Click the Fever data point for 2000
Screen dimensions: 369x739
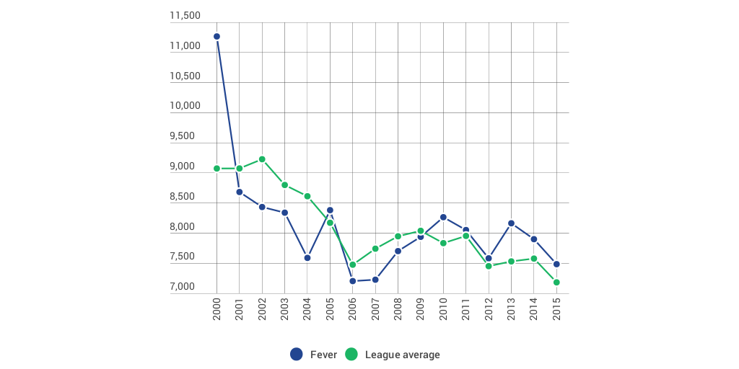click(217, 36)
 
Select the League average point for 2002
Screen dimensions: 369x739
click(262, 159)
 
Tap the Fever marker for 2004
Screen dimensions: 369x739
click(307, 257)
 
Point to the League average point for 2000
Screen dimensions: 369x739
click(217, 169)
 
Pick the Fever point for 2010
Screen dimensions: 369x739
click(443, 217)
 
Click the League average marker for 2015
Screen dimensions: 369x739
click(556, 283)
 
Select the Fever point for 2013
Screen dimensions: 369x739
click(511, 223)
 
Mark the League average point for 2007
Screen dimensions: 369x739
click(375, 249)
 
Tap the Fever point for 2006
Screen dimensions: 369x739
click(352, 281)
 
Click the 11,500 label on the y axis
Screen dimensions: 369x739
click(185, 16)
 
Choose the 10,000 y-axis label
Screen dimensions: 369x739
click(185, 106)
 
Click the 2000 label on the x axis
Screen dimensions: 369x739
click(217, 308)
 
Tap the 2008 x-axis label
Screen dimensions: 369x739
click(398, 308)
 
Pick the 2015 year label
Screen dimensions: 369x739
click(556, 308)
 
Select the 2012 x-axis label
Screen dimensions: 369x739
click(489, 308)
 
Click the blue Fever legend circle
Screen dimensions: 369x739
click(296, 354)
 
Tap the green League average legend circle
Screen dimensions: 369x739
click(351, 354)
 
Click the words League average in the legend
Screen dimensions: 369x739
click(402, 355)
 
